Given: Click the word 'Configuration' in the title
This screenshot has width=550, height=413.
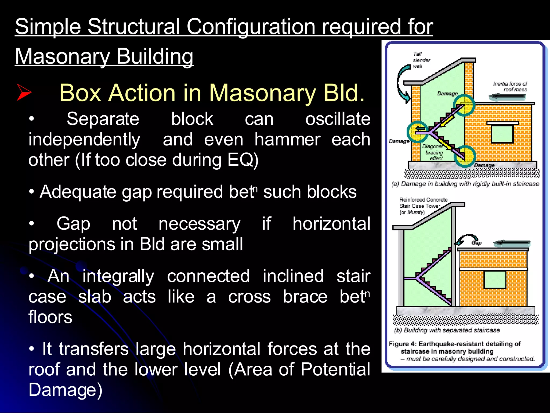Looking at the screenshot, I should [x=251, y=27].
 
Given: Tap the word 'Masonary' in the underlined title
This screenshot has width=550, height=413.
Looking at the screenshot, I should [x=62, y=56].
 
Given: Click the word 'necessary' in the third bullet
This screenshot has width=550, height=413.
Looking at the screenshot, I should [x=199, y=224].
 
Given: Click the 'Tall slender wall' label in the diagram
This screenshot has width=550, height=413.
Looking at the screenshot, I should [x=421, y=60].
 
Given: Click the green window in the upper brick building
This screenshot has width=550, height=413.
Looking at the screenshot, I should [x=502, y=134].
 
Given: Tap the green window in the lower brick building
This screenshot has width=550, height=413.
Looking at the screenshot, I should [x=495, y=280].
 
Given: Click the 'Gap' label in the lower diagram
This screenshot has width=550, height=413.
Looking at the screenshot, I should [x=476, y=243].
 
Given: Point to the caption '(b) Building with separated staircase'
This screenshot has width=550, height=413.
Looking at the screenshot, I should [x=447, y=330].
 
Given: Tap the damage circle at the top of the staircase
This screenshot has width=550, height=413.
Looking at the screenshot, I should [x=464, y=105].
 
